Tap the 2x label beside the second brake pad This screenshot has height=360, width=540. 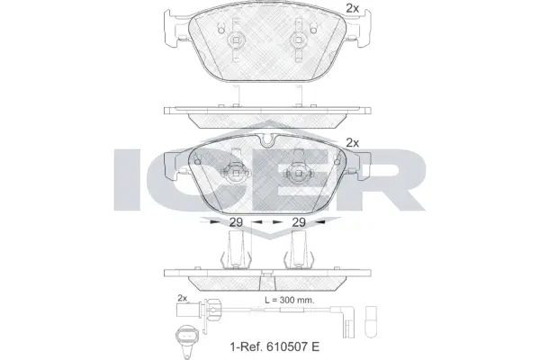coord(352,142)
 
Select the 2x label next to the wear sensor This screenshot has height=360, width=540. coord(182,297)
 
